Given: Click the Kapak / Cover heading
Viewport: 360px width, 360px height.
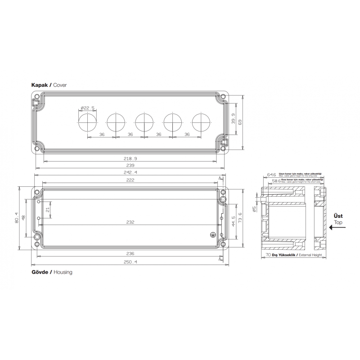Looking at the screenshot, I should point(49,85).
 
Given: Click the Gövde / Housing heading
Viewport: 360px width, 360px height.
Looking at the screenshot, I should point(52,272).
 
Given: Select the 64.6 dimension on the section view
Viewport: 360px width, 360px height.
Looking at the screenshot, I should point(271,175).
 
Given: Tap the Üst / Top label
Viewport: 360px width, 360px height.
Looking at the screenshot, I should point(337,219).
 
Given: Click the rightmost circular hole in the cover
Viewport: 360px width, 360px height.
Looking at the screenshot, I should point(201,122).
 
